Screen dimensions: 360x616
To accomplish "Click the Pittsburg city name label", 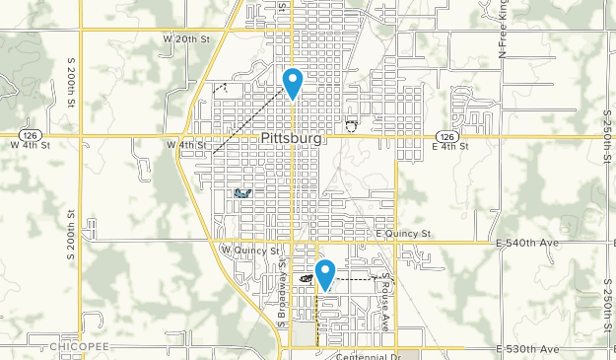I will coord(293,139).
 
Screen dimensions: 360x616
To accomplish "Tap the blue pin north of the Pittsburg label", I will coord(293,82).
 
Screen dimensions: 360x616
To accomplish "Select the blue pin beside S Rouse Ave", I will coord(324,274).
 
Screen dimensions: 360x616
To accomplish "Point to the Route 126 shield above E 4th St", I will coord(447,136).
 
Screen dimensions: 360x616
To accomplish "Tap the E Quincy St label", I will coord(404,234).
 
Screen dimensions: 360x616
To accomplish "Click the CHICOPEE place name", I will coord(73,348).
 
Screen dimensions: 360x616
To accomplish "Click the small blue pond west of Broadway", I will coord(241,194).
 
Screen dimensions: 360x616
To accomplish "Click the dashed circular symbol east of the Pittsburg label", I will coord(351,125).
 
